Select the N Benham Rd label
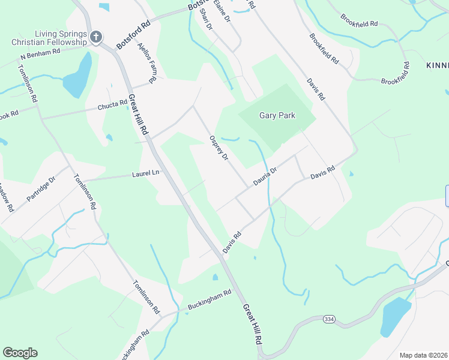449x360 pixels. (40, 54)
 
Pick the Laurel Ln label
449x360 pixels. (146, 174)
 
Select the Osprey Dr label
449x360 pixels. (218, 148)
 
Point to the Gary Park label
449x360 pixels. (277, 116)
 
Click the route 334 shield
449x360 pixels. (328, 319)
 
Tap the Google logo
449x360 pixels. (20, 353)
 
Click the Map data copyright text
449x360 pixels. (424, 355)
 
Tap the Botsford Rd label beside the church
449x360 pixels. (133, 37)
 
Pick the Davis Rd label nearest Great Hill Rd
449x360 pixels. (232, 242)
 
